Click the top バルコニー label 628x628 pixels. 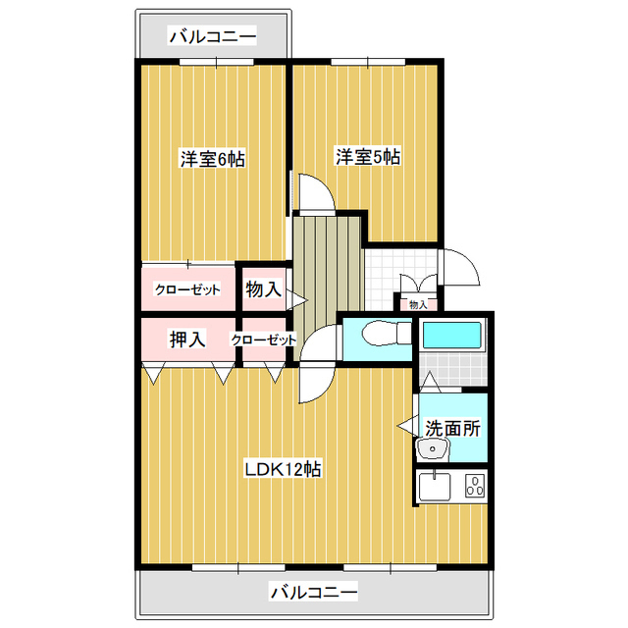pos(212,37)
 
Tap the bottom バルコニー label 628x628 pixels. pos(313,592)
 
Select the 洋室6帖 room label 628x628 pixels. pos(212,159)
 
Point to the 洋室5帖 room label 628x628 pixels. pos(368,157)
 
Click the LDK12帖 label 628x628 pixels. pos(283,469)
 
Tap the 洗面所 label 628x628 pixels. pos(452,428)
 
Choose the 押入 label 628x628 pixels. pos(187,340)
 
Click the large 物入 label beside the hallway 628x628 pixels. pos(263,288)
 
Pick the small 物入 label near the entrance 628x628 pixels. pos(418,305)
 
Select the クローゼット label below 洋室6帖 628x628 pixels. pos(187,289)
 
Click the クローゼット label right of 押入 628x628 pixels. pos(264,340)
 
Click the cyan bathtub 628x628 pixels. pos(451,335)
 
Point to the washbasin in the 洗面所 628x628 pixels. pos(433,448)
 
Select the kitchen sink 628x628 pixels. pos(434,486)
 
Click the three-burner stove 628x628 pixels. pos(475,486)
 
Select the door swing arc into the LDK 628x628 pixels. pos(325,391)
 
